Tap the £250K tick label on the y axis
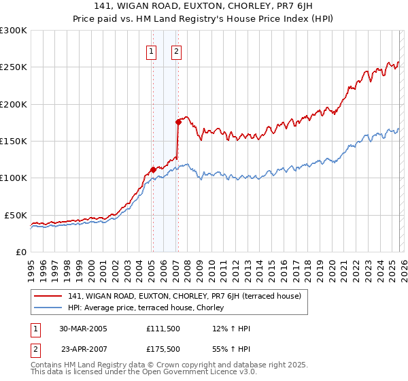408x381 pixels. [14, 67]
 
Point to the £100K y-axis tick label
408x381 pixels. [14, 178]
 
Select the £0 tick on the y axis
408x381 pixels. [20, 252]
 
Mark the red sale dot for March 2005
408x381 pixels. [153, 169]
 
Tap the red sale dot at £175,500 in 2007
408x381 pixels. [178, 122]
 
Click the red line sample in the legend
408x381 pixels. [48, 296]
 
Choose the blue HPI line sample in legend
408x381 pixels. [48, 308]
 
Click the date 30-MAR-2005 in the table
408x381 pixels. [83, 329]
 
